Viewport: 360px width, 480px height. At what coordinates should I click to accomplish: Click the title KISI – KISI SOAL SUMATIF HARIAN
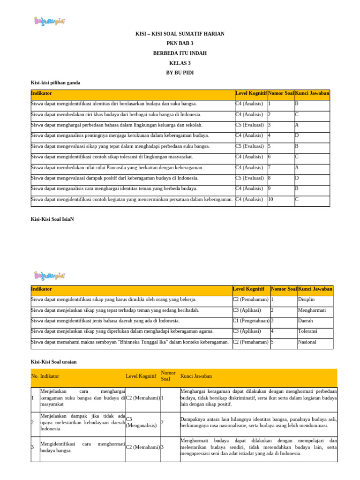coord(180,34)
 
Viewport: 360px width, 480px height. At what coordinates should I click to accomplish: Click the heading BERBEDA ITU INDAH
coord(180,53)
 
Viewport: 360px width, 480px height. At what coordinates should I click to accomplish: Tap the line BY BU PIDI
coord(180,73)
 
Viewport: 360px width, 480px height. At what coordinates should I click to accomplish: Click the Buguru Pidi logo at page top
coord(49,21)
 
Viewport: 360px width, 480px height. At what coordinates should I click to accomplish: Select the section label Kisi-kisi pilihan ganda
coord(55,82)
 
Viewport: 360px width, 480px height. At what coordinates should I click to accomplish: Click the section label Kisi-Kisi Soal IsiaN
coord(53,218)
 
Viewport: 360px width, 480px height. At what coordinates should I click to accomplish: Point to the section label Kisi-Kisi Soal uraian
coord(53,361)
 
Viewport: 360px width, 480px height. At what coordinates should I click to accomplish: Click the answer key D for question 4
coord(297,135)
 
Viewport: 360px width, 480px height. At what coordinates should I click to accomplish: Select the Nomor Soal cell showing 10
coord(271,199)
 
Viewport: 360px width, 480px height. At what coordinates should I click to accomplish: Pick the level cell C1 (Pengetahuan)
coord(251,321)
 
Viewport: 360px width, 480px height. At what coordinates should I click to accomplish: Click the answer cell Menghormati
coord(312,310)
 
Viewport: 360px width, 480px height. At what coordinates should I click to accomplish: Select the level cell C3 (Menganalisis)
coord(141,422)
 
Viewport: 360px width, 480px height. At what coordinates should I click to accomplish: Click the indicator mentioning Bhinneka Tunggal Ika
coord(130,342)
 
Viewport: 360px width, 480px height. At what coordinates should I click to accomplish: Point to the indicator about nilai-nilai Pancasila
coord(117,167)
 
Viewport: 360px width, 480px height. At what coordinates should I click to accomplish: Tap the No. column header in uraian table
coord(35,376)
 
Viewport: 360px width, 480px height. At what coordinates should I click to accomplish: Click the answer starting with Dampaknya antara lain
coord(258,422)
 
